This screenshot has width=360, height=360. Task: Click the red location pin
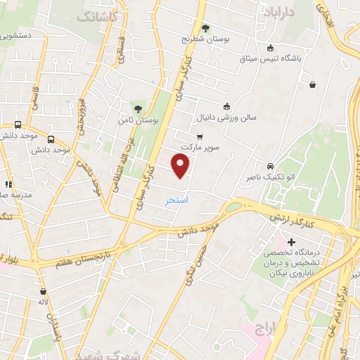click(x=181, y=166)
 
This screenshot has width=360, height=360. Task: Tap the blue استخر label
click(x=176, y=200)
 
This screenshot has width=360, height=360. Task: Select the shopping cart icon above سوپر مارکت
click(x=200, y=136)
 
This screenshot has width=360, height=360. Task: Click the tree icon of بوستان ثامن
click(x=139, y=108)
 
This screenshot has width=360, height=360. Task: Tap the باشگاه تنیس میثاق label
click(x=299, y=59)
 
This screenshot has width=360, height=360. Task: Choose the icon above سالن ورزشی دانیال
click(x=226, y=106)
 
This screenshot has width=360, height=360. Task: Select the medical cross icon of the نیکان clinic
click(x=292, y=242)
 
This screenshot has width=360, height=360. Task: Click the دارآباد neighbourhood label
click(x=277, y=11)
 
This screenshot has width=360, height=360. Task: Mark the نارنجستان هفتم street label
click(x=70, y=256)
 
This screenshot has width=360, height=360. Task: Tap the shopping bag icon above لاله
click(x=44, y=291)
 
